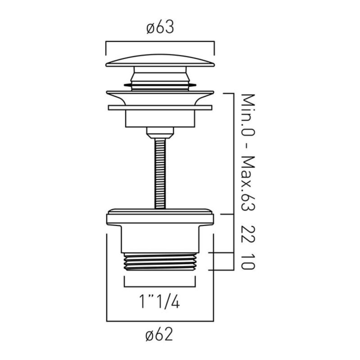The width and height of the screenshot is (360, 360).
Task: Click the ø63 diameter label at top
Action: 160,27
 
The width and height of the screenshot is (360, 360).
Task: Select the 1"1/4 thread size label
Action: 159,301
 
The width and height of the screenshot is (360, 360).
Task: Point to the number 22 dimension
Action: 248,234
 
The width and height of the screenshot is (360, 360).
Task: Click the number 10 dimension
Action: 248,261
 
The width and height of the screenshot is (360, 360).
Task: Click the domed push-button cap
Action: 160,61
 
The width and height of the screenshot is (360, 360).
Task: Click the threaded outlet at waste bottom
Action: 160,262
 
